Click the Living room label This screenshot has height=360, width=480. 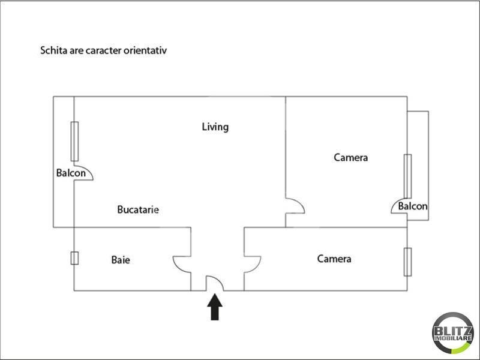[x=215, y=127]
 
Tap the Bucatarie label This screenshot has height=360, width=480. [x=138, y=209]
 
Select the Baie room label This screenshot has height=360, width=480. [x=121, y=260]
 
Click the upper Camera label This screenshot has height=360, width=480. [x=350, y=158]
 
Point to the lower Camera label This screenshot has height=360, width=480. [x=334, y=259]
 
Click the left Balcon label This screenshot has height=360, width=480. [x=71, y=173]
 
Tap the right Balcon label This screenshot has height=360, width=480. [x=413, y=206]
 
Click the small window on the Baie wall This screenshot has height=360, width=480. [x=74, y=258]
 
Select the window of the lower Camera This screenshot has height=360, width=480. [x=408, y=262]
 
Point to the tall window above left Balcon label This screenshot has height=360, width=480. [x=74, y=141]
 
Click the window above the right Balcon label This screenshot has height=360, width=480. [x=407, y=175]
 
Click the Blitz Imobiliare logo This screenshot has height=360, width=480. [x=452, y=332]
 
